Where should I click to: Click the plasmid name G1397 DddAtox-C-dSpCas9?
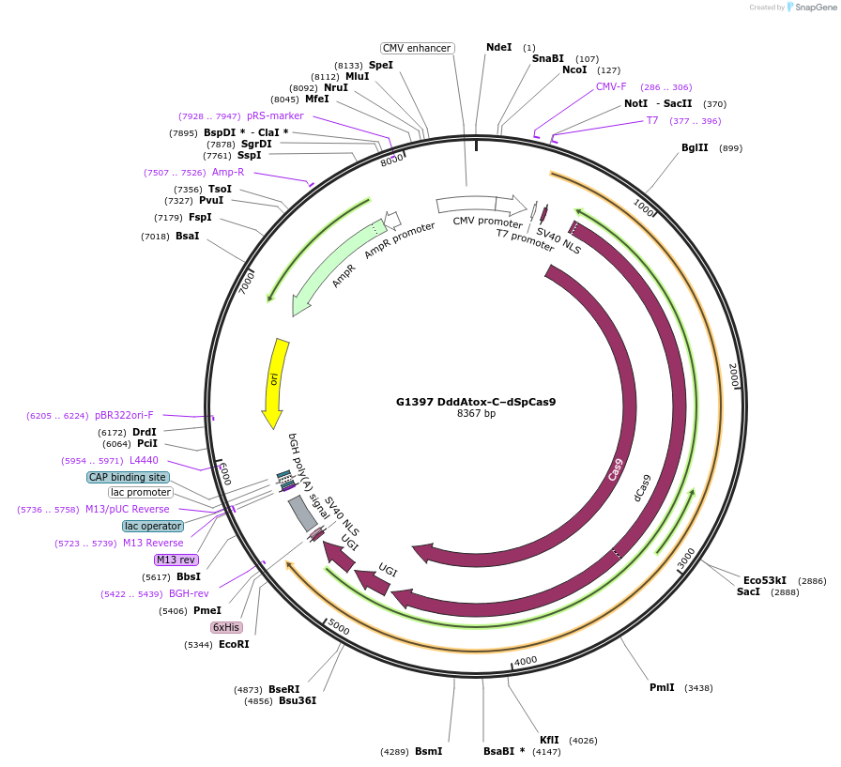pyautogui.click(x=475, y=402)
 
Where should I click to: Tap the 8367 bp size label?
pyautogui.click(x=476, y=414)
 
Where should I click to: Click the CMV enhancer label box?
pyautogui.click(x=417, y=48)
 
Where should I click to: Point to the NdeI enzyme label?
pyautogui.click(x=499, y=47)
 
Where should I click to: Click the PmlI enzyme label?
pyautogui.click(x=662, y=687)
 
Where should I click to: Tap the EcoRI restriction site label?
pyautogui.click(x=234, y=644)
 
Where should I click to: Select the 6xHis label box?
pyautogui.click(x=226, y=627)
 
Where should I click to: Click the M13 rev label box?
pyautogui.click(x=176, y=560)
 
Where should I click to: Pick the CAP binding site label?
pyautogui.click(x=128, y=477)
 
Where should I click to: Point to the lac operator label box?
pyautogui.click(x=153, y=526)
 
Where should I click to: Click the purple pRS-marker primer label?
pyautogui.click(x=275, y=116)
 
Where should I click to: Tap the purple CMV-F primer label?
pyautogui.click(x=611, y=86)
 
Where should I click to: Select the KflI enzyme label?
pyautogui.click(x=549, y=739)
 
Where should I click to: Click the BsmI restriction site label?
pyautogui.click(x=428, y=751)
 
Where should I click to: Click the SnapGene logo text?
pyautogui.click(x=813, y=8)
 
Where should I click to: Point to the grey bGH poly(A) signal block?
pyautogui.click(x=302, y=513)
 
